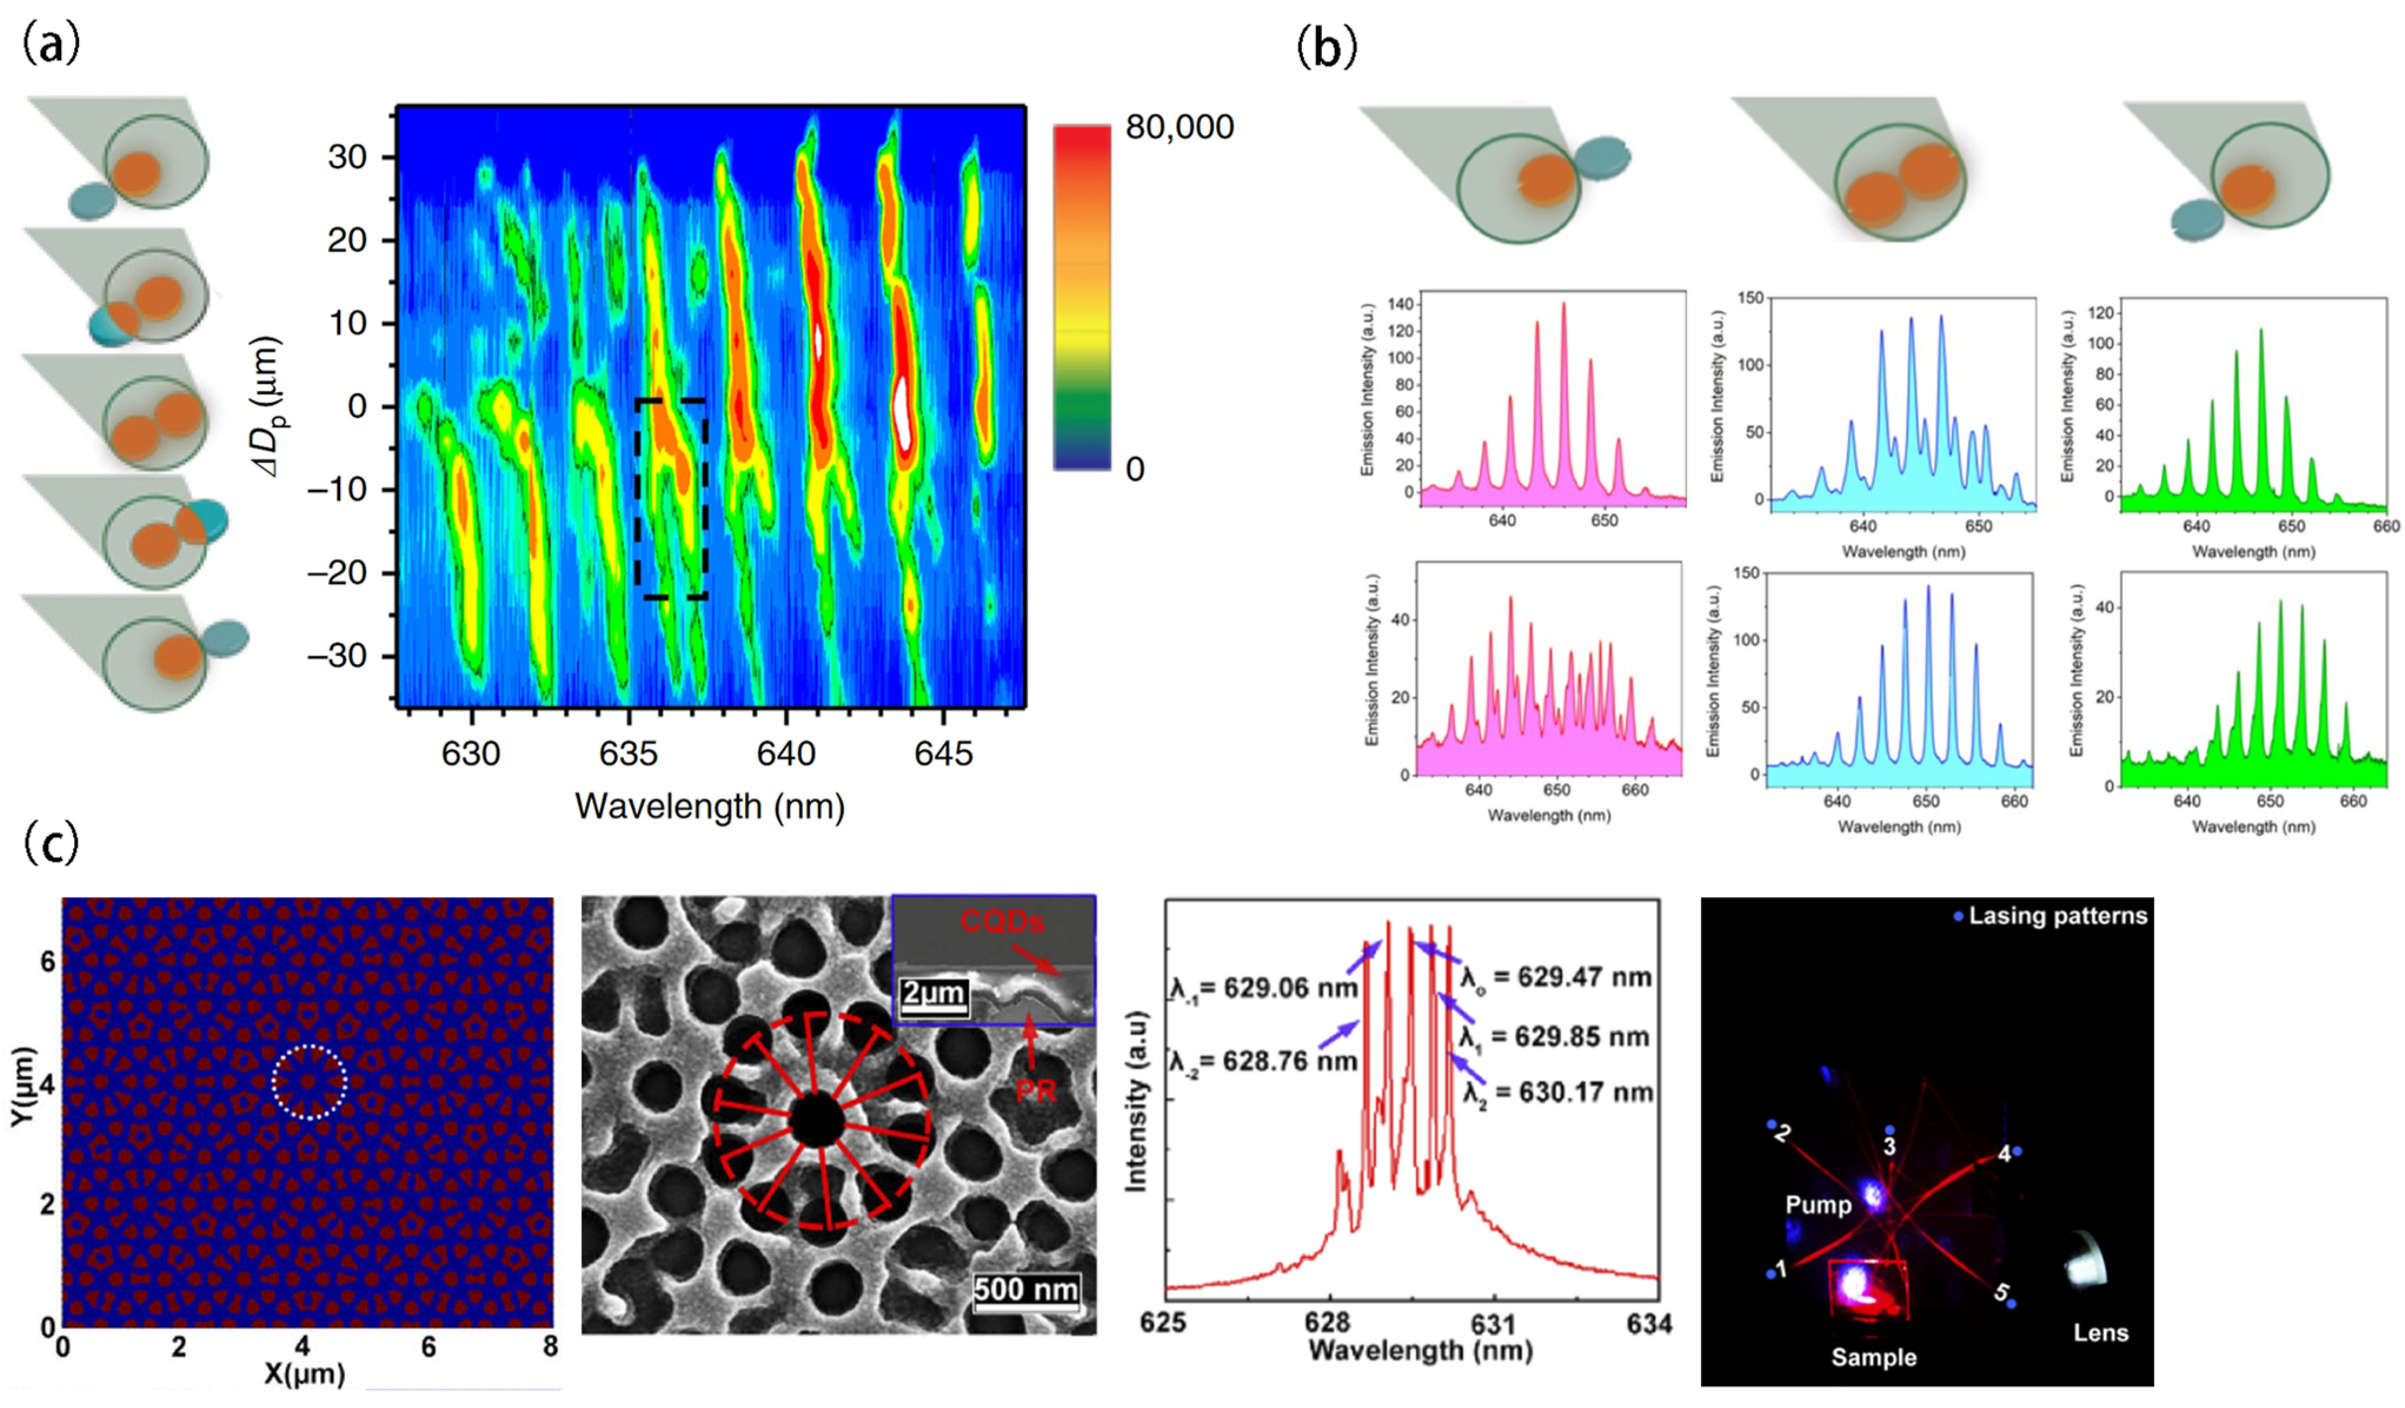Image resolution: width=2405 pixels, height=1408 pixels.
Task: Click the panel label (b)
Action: (x=1327, y=48)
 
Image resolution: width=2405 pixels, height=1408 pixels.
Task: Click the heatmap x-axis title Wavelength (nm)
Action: (x=709, y=808)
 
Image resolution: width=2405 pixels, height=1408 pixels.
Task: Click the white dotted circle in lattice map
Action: (x=309, y=1081)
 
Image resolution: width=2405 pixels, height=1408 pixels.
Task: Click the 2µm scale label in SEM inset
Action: (x=934, y=994)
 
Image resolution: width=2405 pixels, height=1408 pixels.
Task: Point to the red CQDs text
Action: (x=1001, y=922)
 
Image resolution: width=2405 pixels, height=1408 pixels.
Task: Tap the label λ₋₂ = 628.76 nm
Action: (x=1263, y=1061)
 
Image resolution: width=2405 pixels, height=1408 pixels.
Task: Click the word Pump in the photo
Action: (x=1818, y=1206)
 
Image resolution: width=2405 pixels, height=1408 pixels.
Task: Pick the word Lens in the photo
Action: (x=2101, y=1333)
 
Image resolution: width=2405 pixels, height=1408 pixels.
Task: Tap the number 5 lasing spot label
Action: (x=2001, y=1293)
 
